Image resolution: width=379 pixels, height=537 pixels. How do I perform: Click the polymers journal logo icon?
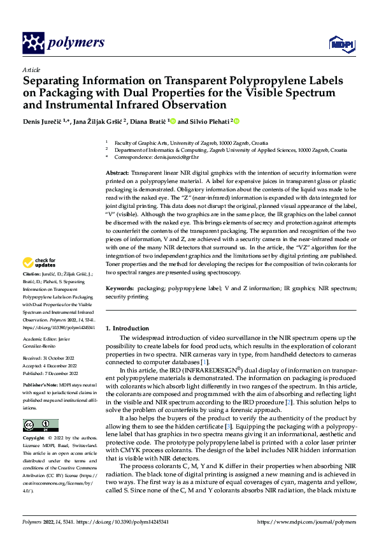[x=33, y=43]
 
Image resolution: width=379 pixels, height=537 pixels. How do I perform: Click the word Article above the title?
[x=31, y=69]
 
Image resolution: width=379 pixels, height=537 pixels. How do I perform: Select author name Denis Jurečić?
[x=43, y=121]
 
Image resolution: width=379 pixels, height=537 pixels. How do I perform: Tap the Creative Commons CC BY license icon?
[x=40, y=425]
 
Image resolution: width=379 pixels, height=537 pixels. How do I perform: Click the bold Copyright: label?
[x=35, y=439]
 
